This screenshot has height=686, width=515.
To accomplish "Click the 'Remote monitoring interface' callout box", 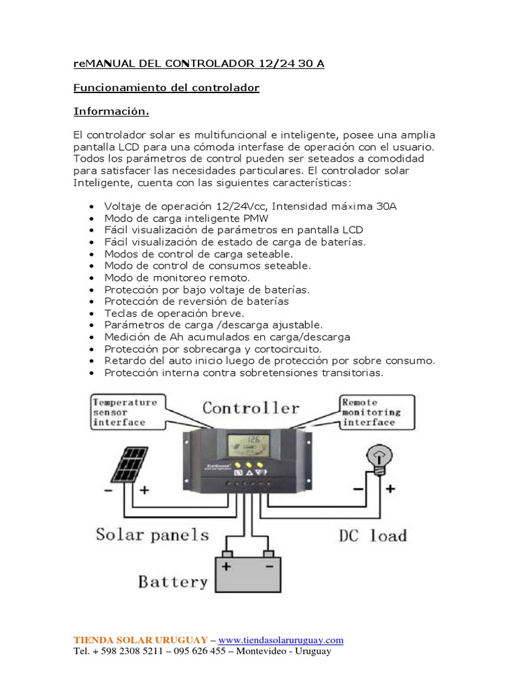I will [x=371, y=412].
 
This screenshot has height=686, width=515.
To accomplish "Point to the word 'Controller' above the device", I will [x=251, y=408].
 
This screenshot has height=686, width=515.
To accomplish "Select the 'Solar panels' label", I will [x=152, y=535].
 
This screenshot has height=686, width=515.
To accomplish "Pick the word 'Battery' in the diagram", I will [x=173, y=581].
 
